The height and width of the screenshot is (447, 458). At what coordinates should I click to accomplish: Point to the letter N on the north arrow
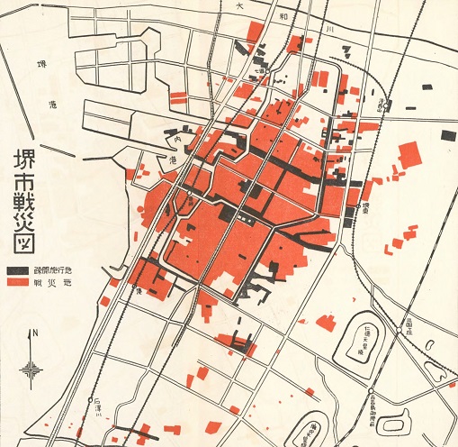click(33, 334)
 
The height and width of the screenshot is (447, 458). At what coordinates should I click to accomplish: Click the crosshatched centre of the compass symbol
click(33, 368)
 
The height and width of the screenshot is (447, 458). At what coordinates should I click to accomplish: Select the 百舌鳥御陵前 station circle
click(368, 390)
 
